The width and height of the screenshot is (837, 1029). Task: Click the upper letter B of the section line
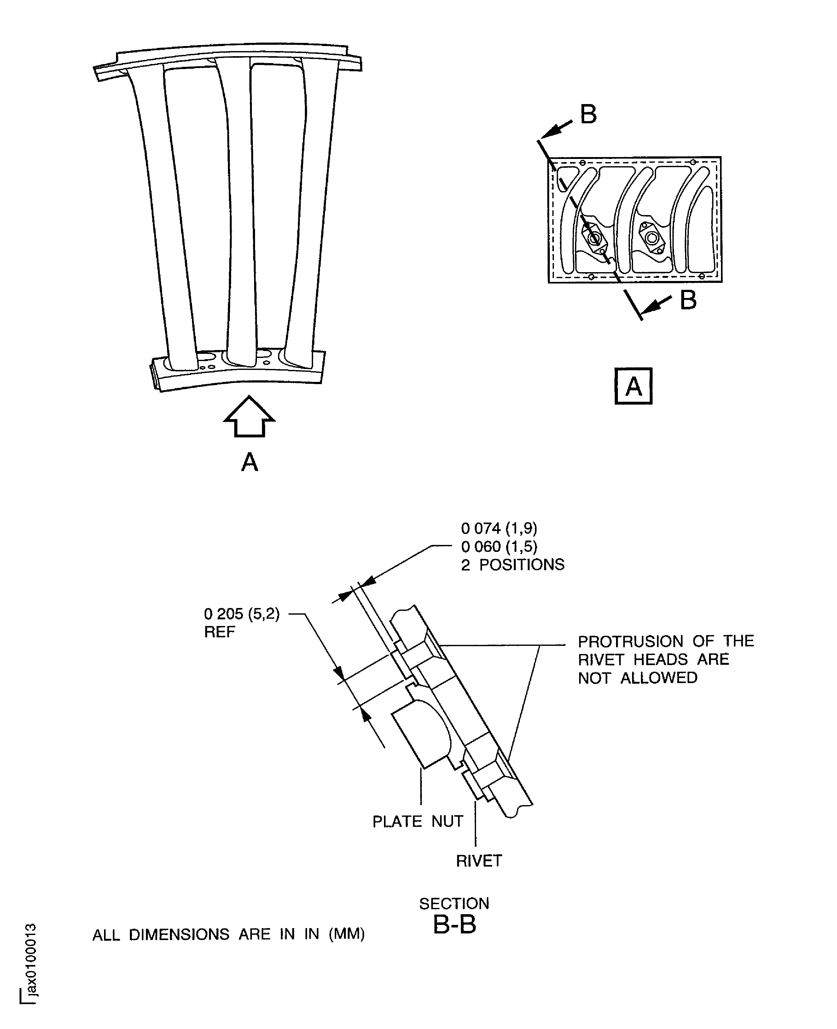(x=588, y=115)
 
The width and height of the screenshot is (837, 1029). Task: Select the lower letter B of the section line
(x=688, y=300)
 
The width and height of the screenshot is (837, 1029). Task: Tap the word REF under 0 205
(x=219, y=632)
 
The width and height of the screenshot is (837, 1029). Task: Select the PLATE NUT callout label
(x=417, y=821)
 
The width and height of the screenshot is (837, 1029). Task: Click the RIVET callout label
(x=479, y=861)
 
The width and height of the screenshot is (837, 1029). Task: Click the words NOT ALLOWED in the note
(x=637, y=678)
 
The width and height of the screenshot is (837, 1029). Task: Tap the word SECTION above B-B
(x=454, y=903)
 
